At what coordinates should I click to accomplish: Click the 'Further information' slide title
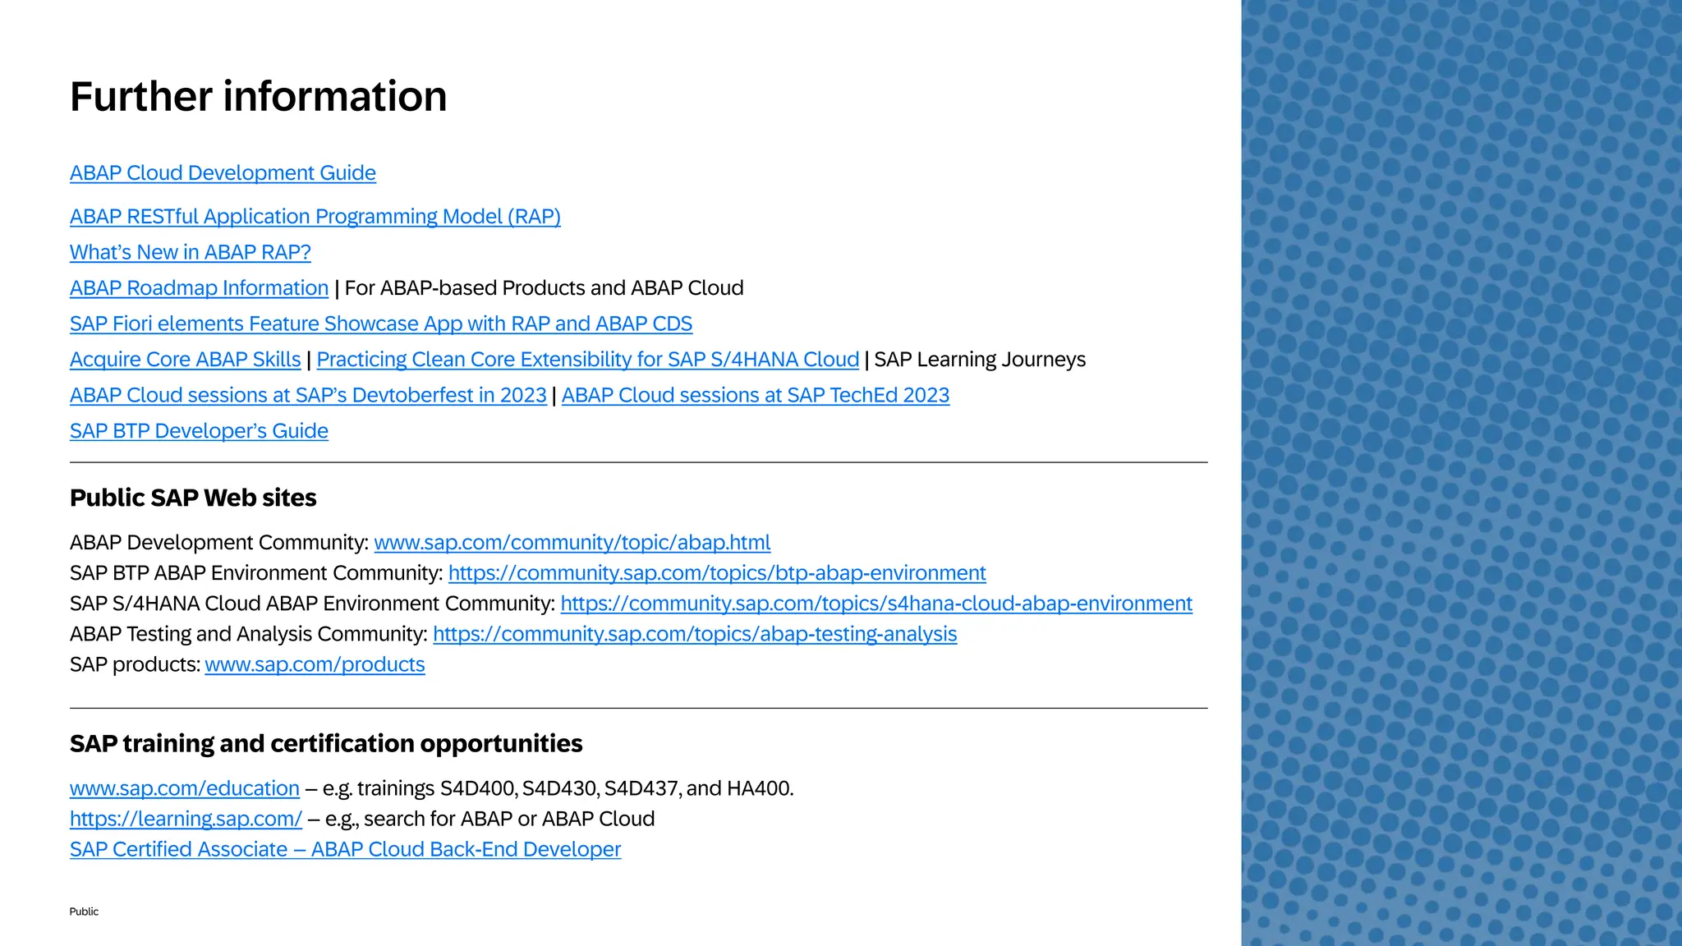click(258, 96)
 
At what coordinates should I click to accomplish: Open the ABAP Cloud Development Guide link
click(223, 173)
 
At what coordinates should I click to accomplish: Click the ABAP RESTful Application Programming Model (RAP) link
click(315, 217)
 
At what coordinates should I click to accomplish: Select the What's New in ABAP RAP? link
click(190, 252)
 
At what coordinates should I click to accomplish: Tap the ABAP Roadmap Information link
click(199, 288)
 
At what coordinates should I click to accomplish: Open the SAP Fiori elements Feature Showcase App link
click(380, 324)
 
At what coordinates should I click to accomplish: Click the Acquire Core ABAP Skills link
click(185, 360)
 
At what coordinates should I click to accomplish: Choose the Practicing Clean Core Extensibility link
click(587, 360)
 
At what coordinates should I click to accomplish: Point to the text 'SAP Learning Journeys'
click(979, 360)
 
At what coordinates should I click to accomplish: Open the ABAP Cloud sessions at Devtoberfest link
click(308, 395)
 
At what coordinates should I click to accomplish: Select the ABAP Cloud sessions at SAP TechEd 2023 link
click(755, 395)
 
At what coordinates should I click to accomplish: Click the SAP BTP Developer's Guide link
click(199, 431)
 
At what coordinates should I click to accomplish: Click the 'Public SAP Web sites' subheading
click(193, 498)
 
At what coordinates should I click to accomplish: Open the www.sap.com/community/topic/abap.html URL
click(572, 543)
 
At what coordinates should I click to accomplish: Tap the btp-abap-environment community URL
click(716, 573)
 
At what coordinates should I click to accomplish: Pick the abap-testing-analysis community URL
click(694, 634)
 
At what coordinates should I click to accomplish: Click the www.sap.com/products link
click(315, 664)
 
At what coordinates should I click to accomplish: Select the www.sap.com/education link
click(184, 788)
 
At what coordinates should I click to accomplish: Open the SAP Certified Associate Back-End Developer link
click(345, 849)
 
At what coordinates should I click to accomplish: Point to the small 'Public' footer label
click(84, 912)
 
